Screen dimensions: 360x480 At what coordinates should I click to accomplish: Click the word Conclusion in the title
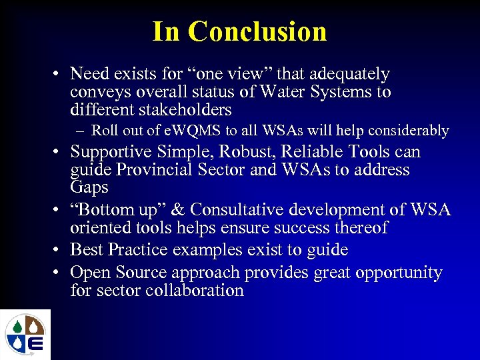[x=257, y=31]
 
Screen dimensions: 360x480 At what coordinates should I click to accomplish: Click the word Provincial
[x=156, y=169]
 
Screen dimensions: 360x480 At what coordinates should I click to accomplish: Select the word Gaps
[x=90, y=187]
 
